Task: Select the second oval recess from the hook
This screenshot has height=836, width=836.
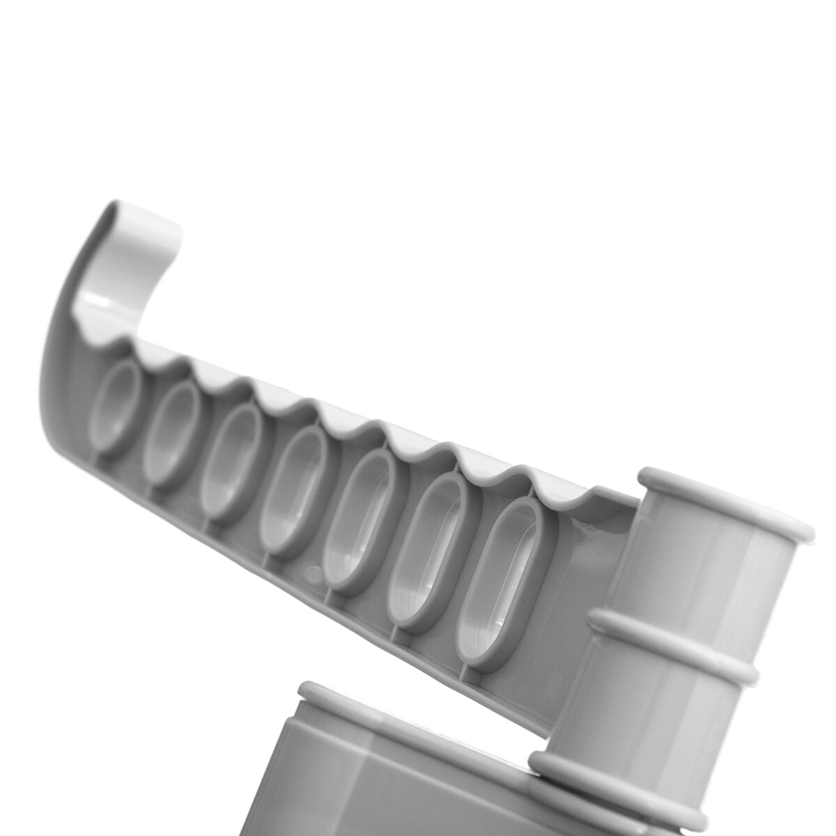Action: click(x=171, y=432)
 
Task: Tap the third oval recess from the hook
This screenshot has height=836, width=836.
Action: click(x=231, y=460)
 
